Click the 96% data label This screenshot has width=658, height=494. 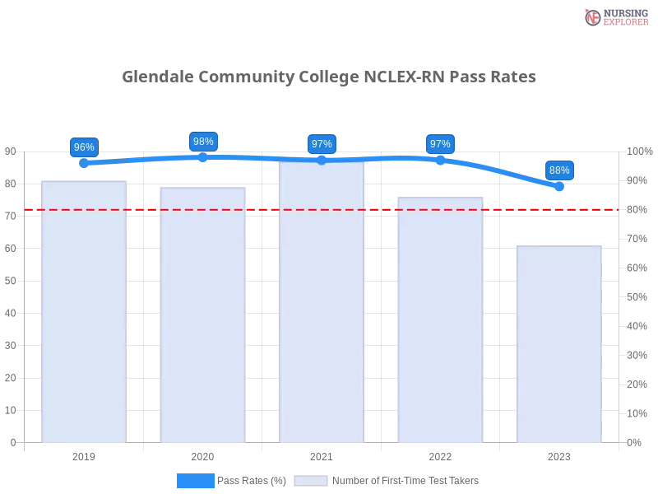[x=84, y=147]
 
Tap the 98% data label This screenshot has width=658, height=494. [x=203, y=142]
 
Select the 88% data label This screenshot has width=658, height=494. [x=559, y=170]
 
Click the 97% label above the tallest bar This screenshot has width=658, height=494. [x=322, y=144]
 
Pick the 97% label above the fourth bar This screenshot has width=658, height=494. [x=440, y=144]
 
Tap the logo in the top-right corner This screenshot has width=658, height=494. [x=614, y=17]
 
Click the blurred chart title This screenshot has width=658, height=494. [x=329, y=77]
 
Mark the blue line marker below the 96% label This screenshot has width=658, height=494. [x=84, y=163]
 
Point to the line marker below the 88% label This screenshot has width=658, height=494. [x=559, y=189]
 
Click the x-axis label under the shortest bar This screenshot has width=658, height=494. [x=559, y=454]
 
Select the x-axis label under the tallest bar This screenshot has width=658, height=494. [x=322, y=454]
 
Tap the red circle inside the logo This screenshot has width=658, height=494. [x=593, y=17]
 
